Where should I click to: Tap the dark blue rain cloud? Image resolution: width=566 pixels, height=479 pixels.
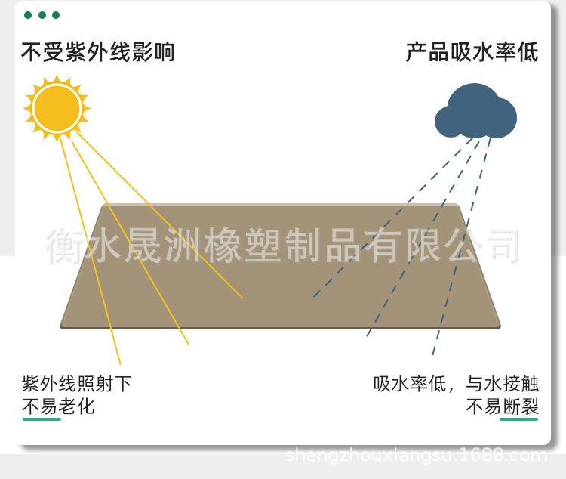click(x=475, y=113)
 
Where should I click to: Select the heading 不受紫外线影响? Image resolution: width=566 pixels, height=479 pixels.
click(x=97, y=52)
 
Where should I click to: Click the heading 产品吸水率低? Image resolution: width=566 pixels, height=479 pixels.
click(x=472, y=52)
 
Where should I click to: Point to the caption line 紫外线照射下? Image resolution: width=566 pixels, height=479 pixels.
click(x=77, y=383)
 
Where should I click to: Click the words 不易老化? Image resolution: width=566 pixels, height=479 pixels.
click(x=58, y=406)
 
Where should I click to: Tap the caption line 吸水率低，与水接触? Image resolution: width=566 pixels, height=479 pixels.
click(x=456, y=383)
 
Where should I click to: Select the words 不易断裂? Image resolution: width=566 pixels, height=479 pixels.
click(x=502, y=406)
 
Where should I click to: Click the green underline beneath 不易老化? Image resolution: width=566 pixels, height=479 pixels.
click(x=42, y=419)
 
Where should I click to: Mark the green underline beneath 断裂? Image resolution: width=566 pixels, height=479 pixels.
click(x=519, y=419)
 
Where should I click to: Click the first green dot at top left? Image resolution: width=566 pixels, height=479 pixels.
click(x=28, y=15)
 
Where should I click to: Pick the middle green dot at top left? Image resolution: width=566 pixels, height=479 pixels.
click(x=42, y=15)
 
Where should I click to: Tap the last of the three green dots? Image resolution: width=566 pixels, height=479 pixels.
click(x=55, y=15)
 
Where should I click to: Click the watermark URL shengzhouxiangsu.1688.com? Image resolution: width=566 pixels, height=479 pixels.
click(x=417, y=456)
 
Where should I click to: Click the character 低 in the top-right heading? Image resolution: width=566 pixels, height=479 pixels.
click(x=528, y=52)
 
